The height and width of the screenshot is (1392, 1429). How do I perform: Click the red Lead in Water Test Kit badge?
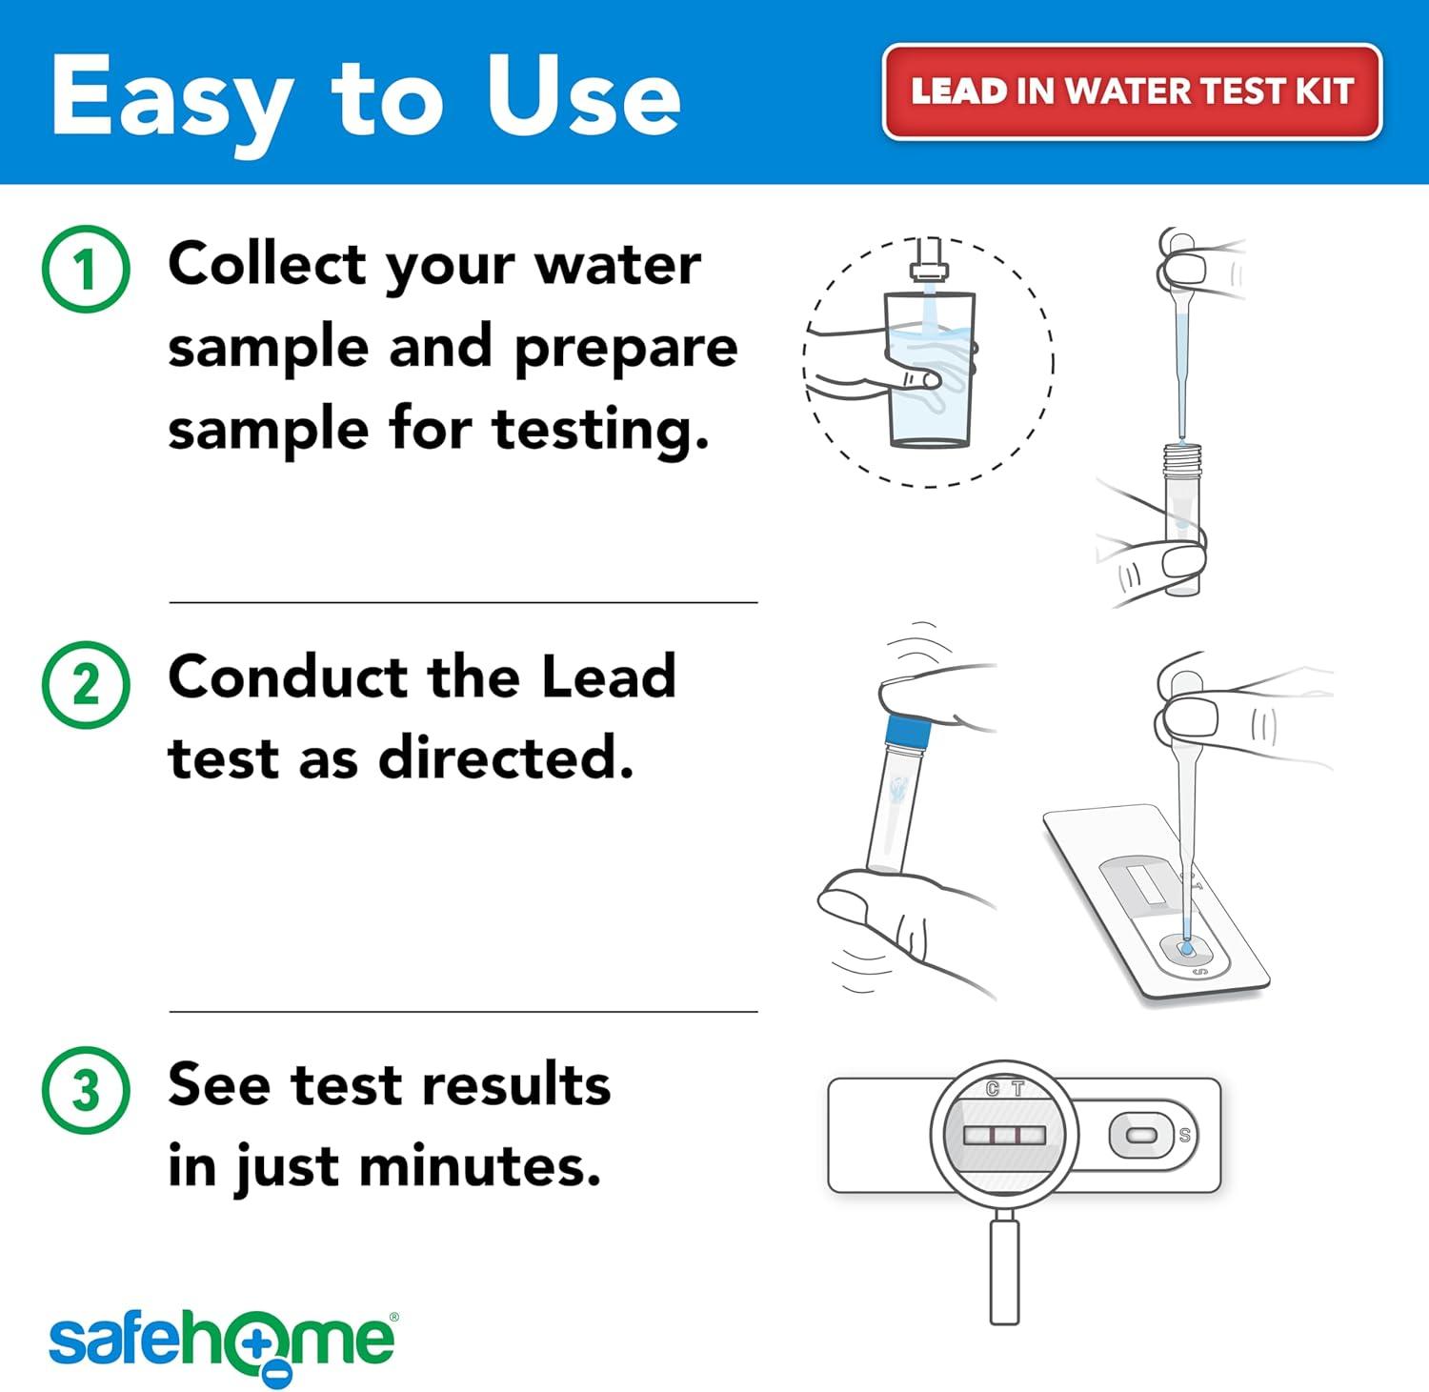point(1132,91)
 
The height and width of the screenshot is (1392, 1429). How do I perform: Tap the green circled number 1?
point(86,269)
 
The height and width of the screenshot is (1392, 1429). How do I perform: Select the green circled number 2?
point(86,684)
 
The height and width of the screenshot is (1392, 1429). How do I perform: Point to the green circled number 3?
point(86,1090)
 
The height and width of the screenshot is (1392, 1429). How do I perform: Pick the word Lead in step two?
point(608,676)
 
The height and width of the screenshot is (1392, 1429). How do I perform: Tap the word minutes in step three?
point(480,1164)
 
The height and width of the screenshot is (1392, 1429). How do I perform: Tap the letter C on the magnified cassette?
point(993,1089)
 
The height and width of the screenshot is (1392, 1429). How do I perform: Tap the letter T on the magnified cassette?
point(1017,1089)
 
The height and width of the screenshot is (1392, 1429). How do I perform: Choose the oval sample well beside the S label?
point(1141,1136)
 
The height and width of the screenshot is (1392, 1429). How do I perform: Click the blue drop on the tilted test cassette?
point(1186,948)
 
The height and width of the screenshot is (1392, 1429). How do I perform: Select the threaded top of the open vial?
point(1181,459)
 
